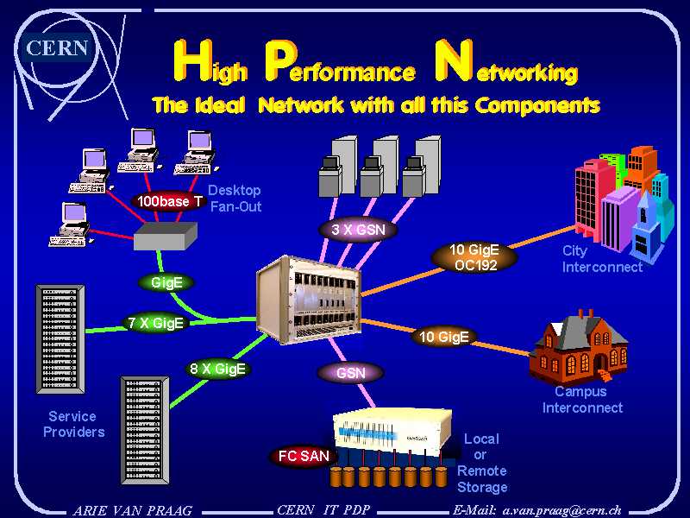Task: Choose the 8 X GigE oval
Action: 218,369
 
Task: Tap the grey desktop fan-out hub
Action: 166,234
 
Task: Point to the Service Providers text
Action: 74,424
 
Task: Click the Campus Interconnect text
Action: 582,400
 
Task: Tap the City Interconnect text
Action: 602,259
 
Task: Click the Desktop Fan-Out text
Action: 235,198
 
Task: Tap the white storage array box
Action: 391,431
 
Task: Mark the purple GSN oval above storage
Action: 350,373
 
